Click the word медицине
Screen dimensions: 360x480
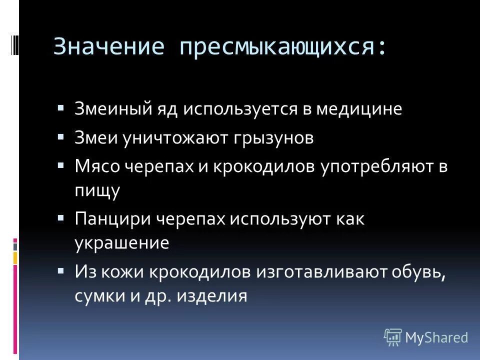(358, 109)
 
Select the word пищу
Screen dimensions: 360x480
(97, 191)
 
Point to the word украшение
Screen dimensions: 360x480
(121, 243)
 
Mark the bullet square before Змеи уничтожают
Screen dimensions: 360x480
(61, 136)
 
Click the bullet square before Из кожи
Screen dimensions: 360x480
(61, 270)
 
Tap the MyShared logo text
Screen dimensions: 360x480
(436, 337)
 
